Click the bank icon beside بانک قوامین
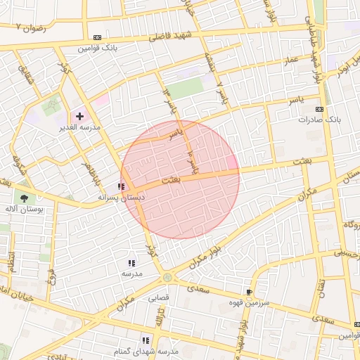(x=97, y=37)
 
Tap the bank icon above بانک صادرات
(x=319, y=109)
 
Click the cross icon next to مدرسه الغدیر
(x=79, y=115)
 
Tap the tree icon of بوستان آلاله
(x=25, y=199)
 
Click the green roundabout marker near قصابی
(x=167, y=278)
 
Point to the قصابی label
(x=158, y=297)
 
